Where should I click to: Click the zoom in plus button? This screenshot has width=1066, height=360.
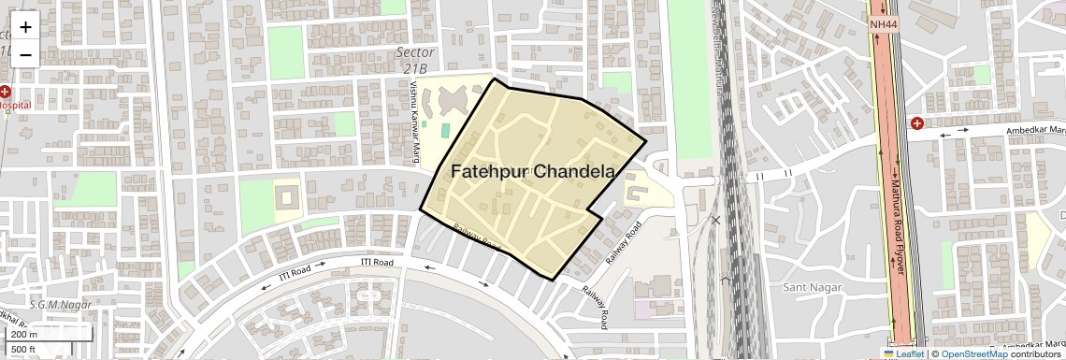point(25,27)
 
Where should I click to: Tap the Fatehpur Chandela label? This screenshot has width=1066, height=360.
point(532,172)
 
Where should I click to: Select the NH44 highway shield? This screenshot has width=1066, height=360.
point(881,24)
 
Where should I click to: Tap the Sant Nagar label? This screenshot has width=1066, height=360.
point(808,285)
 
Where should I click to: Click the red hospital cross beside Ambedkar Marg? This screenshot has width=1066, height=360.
point(917,123)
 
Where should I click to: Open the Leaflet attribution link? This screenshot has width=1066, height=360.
point(903,353)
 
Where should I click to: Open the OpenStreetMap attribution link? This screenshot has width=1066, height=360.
point(973,353)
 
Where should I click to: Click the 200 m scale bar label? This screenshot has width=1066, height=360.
point(25,334)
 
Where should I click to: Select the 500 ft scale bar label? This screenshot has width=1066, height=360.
point(23,350)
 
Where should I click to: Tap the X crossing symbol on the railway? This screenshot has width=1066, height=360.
point(715,221)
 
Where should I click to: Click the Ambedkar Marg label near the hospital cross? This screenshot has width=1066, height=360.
point(1033,131)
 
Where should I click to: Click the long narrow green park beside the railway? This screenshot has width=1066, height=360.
point(689,79)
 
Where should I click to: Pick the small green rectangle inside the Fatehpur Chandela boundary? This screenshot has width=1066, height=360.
point(445,131)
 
